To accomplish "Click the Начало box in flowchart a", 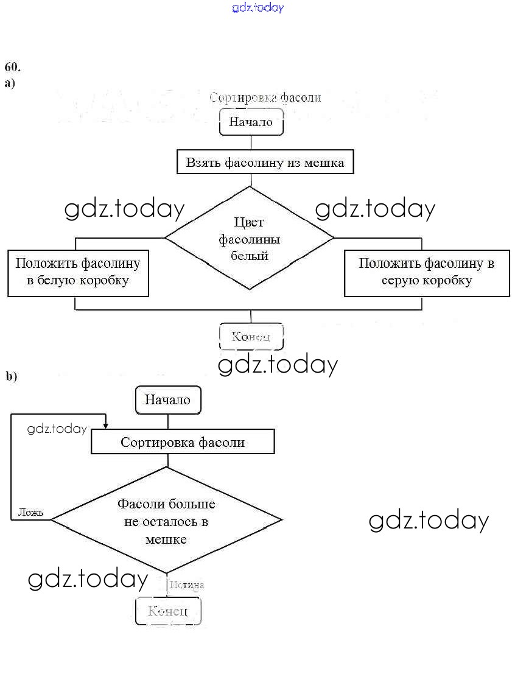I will coord(251,122).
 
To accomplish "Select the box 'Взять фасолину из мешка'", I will coord(265,163).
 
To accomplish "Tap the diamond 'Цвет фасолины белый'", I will coord(250,239).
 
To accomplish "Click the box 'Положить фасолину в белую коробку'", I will coord(78,272).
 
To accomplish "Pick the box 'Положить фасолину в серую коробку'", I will coord(426,272).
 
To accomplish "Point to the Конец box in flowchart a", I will coord(251,336).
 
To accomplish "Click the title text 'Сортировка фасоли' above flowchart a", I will coord(265,97).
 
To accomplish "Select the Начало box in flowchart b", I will coord(167,400).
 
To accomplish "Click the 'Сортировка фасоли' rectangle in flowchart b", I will coord(183,442).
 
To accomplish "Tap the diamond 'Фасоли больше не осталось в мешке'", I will coord(166,521).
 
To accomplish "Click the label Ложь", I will coord(30,512).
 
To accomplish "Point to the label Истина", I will coord(187,585).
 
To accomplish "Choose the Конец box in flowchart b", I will coord(167,611).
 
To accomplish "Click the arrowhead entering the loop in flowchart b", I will coord(106,425).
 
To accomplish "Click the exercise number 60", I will coord(12,66).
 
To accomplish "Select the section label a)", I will coord(10,83).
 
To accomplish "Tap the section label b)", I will coord(12,376).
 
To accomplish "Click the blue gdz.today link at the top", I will coord(257,8).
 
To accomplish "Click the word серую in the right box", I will coord(399,281).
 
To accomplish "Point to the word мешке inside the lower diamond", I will coord(166,539).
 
